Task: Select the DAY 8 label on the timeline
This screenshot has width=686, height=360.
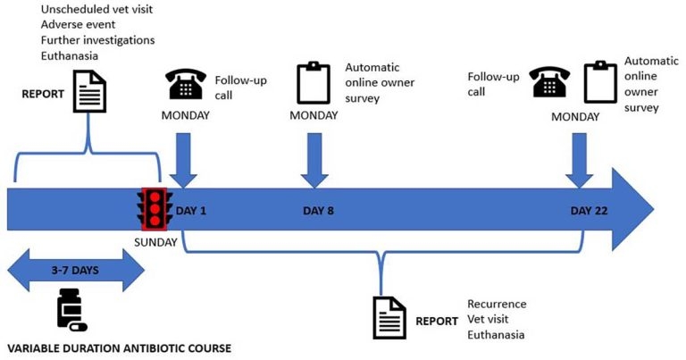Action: (319, 211)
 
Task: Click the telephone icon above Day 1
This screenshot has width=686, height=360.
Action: (186, 85)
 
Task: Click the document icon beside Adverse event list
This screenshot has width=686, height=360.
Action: (89, 91)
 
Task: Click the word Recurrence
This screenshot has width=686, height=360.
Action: (497, 304)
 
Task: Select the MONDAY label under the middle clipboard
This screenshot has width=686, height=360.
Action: (314, 116)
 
